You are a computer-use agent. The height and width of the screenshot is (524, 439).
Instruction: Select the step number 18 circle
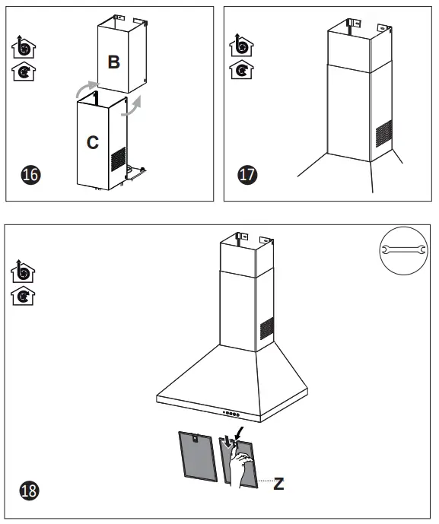[x=31, y=489]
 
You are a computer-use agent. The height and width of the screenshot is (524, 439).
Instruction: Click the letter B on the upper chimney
[x=113, y=62]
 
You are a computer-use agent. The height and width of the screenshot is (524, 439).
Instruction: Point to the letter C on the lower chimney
[x=92, y=142]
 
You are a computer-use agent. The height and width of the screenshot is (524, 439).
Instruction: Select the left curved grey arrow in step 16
[x=87, y=89]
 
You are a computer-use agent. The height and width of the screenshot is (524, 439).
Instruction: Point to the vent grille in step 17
[x=384, y=133]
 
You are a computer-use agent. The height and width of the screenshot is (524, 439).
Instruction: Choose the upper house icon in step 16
[x=26, y=46]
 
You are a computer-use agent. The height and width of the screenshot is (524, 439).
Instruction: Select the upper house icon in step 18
[x=26, y=271]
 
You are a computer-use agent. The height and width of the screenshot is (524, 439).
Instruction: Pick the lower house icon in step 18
[x=26, y=295]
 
